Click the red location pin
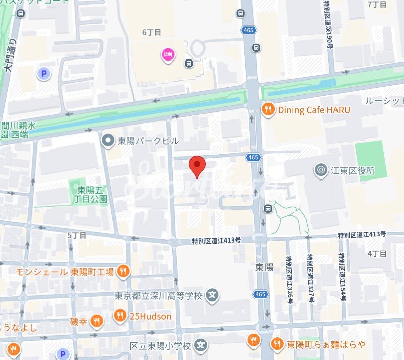tap(197, 165)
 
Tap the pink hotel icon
tap(167, 54)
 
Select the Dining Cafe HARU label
tap(314, 110)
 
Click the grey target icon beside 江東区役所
tap(320, 171)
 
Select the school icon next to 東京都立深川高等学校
tap(213, 295)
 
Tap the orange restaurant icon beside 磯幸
tap(97, 321)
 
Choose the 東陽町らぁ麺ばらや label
tap(326, 345)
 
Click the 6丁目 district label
tap(152, 32)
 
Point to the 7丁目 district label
tap(376, 5)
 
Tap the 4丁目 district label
tap(376, 253)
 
